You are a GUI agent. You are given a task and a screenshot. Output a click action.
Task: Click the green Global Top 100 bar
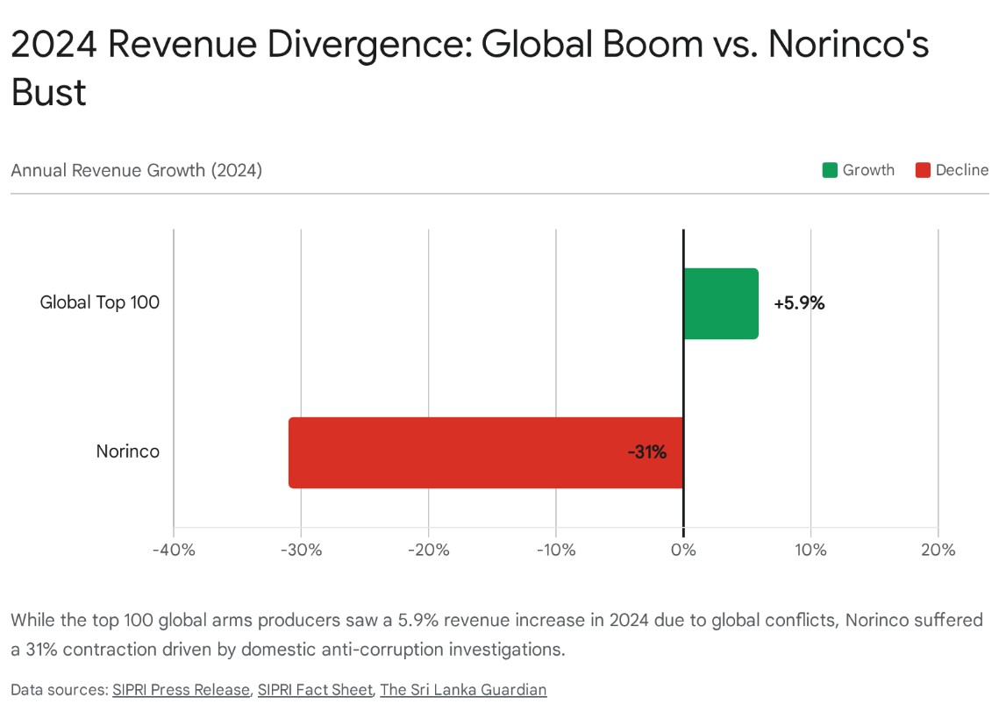(x=720, y=303)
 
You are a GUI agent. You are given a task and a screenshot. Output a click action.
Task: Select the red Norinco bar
(x=485, y=452)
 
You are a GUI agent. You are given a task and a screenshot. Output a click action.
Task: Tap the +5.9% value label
(x=799, y=303)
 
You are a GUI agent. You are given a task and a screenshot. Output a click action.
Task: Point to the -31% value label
(x=647, y=452)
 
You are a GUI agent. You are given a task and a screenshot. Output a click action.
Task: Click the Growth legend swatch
(x=830, y=170)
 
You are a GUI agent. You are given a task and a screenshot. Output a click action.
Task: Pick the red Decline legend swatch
(x=923, y=170)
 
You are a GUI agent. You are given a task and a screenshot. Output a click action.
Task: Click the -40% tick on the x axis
(x=174, y=551)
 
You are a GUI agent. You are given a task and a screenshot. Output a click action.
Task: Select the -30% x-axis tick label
(x=301, y=551)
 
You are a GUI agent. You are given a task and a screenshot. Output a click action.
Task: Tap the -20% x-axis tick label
(x=428, y=551)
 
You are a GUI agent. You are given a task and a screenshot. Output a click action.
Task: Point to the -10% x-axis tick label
(x=556, y=551)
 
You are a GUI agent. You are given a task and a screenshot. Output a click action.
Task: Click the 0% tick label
(x=683, y=551)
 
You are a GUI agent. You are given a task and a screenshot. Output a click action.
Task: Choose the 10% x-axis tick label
(x=810, y=551)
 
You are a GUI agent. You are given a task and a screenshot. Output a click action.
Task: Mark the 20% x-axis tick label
(x=938, y=551)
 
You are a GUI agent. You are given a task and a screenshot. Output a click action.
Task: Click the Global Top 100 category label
(x=100, y=303)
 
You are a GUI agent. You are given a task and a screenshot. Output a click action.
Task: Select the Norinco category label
(x=128, y=452)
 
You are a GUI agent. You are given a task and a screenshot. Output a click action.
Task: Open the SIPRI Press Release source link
(x=181, y=690)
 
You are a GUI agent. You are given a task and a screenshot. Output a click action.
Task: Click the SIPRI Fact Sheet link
(x=315, y=690)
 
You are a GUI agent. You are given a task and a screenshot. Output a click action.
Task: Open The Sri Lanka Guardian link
(x=463, y=690)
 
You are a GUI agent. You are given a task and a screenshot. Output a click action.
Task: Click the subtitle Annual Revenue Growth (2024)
(x=136, y=170)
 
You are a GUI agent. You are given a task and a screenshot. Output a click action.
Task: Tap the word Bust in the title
(x=49, y=93)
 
